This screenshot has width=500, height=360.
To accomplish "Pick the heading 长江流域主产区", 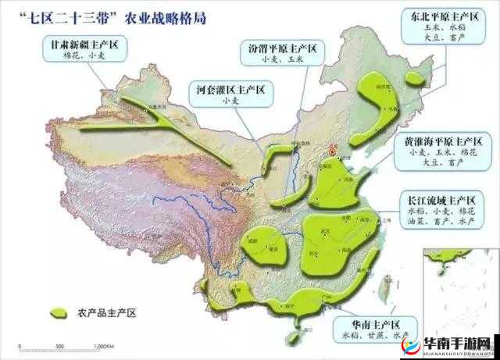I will pyautogui.click(x=440, y=198).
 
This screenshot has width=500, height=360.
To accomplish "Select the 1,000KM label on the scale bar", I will pyautogui.click(x=104, y=346).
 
